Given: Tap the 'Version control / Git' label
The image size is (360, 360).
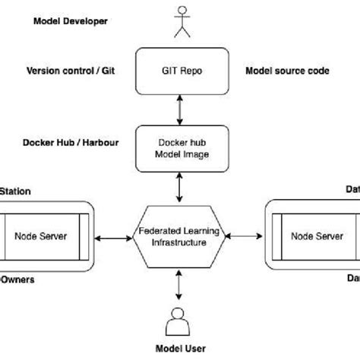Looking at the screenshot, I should click(x=69, y=71).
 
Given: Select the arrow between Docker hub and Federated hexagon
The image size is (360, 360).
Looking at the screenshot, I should click(x=180, y=186).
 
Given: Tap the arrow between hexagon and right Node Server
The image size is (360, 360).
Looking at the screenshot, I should click(x=242, y=237).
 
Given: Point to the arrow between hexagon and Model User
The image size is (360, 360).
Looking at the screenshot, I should click(x=180, y=286).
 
